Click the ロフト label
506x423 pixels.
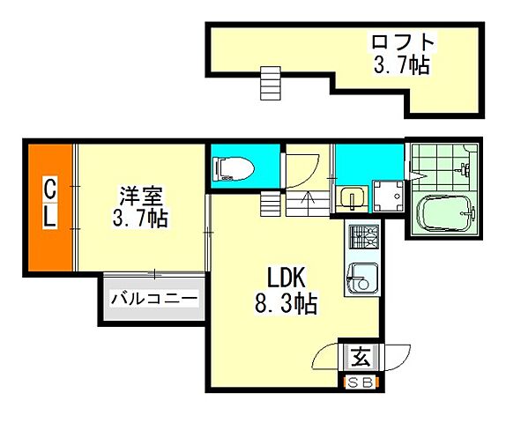pyautogui.click(x=403, y=41)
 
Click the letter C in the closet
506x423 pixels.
pyautogui.click(x=50, y=187)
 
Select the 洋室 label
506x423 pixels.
pyautogui.click(x=140, y=195)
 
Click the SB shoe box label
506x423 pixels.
pyautogui.click(x=360, y=382)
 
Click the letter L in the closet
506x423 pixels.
pyautogui.click(x=50, y=217)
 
